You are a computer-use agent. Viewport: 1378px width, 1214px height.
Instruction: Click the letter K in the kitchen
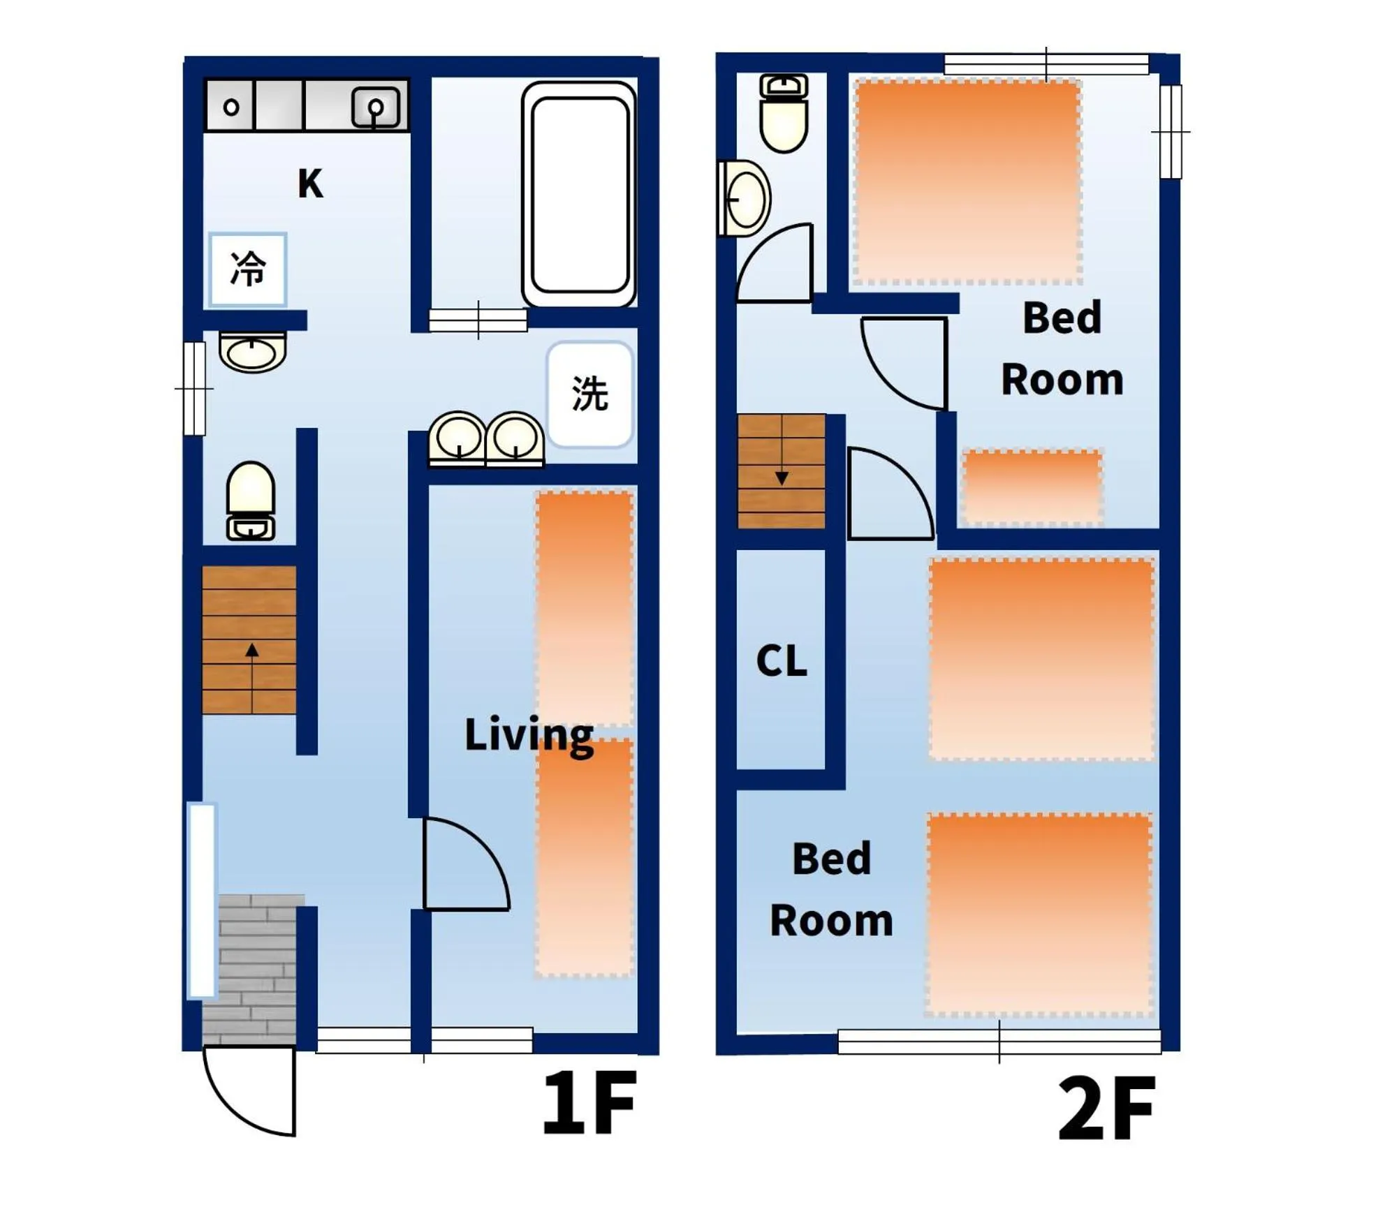coord(310,184)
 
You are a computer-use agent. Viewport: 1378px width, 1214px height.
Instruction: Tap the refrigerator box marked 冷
coord(248,269)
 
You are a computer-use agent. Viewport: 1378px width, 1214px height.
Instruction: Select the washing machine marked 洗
coord(590,394)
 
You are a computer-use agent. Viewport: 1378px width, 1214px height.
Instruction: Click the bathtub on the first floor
coord(580,195)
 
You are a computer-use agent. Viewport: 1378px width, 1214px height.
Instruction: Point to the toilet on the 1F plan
coord(250,501)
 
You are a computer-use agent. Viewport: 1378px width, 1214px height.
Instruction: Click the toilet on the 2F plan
coord(784,114)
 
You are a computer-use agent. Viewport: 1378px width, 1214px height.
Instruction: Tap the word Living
coord(529,735)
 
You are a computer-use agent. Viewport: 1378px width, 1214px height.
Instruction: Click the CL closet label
coord(782,660)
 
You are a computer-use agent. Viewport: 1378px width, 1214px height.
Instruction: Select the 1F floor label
coord(589,1104)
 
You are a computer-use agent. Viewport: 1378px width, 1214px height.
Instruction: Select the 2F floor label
coord(1107,1109)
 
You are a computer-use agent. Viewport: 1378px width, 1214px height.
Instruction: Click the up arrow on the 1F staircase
coord(252,651)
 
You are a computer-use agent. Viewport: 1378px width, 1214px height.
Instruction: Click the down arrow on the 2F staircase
coord(782,478)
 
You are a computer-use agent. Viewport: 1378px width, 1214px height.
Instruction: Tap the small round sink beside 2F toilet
coord(746,200)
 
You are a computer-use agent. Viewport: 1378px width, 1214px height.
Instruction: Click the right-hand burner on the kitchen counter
coord(376,108)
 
